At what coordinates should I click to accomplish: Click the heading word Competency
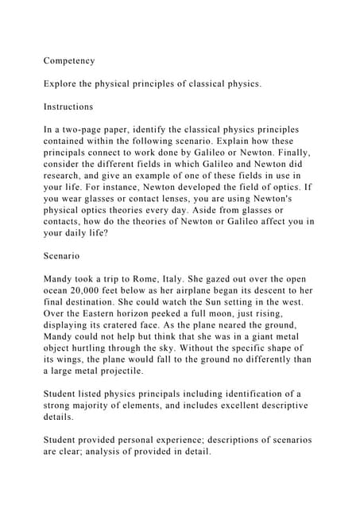69,60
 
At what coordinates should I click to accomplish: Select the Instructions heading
68,107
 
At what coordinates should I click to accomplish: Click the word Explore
63,84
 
